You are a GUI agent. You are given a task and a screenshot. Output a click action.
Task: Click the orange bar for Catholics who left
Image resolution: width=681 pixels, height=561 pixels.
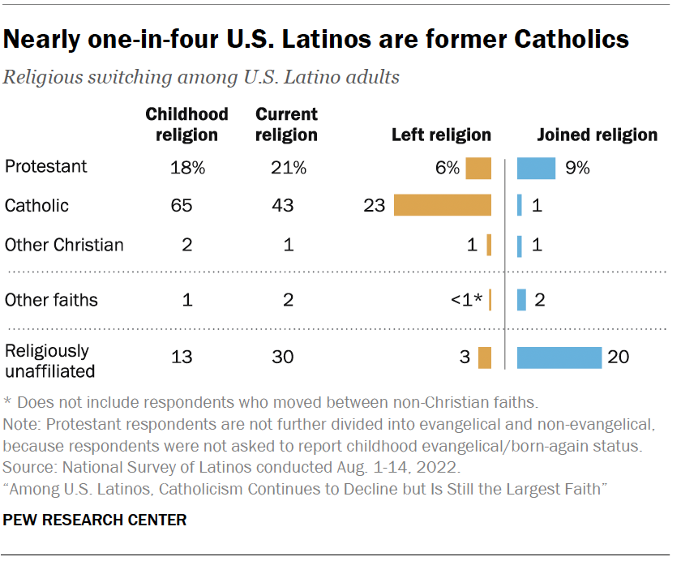(x=443, y=205)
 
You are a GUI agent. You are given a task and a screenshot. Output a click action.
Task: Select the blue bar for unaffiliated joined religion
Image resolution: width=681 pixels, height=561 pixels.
(x=559, y=358)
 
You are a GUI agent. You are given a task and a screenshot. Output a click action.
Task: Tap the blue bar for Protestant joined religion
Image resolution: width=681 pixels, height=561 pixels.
(x=536, y=168)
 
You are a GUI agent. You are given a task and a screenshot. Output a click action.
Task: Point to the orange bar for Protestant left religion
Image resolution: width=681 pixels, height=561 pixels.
(x=478, y=168)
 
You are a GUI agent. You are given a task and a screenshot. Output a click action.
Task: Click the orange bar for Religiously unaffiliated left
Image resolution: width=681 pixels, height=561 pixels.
(x=485, y=358)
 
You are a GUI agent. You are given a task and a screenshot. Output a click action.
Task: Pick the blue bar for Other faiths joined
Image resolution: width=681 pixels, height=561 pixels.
(x=521, y=300)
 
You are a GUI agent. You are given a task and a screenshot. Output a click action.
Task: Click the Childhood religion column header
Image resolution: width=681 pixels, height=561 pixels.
(x=186, y=124)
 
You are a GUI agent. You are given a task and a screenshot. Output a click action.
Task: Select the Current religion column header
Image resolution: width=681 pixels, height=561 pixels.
(x=286, y=124)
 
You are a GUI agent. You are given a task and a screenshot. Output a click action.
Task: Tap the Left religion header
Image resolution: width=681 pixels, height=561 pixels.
(x=441, y=135)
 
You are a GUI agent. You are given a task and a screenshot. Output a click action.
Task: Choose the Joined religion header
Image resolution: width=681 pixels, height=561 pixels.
(x=597, y=135)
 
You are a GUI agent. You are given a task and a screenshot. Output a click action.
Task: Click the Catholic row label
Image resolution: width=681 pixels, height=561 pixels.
(x=36, y=206)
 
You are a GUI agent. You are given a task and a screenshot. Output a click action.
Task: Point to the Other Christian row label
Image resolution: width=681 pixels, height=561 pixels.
(x=64, y=244)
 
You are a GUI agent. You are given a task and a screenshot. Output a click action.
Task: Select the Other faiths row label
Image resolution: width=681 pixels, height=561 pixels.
(x=51, y=300)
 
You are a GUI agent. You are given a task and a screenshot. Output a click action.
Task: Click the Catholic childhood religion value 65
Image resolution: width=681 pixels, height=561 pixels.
(x=182, y=206)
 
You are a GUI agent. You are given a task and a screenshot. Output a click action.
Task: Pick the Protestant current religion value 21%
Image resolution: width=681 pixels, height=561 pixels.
(x=289, y=168)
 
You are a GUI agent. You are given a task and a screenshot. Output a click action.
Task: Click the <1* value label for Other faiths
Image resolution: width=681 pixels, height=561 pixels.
(x=467, y=300)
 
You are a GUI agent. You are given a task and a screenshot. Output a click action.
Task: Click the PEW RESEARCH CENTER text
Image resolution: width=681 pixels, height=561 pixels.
(x=96, y=520)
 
